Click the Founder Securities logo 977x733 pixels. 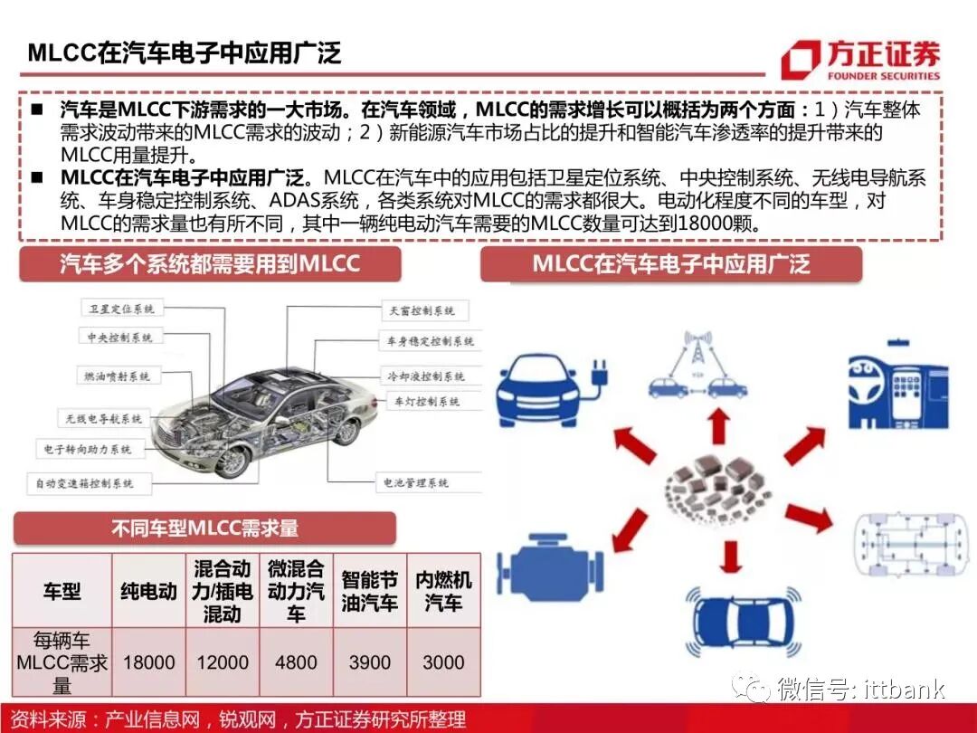click(x=859, y=60)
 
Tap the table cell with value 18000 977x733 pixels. click(x=149, y=662)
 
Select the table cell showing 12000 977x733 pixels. click(x=223, y=662)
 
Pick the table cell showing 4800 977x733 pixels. click(x=296, y=662)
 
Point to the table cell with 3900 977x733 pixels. click(x=370, y=662)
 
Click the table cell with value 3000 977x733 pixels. click(x=443, y=662)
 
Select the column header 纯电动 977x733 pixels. click(x=149, y=592)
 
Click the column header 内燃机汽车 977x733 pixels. click(x=443, y=592)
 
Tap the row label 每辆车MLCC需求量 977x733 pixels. click(x=62, y=662)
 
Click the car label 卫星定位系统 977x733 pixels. click(x=121, y=309)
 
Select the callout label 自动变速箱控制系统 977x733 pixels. click(x=85, y=483)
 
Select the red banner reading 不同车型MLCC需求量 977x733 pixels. click(x=204, y=528)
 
